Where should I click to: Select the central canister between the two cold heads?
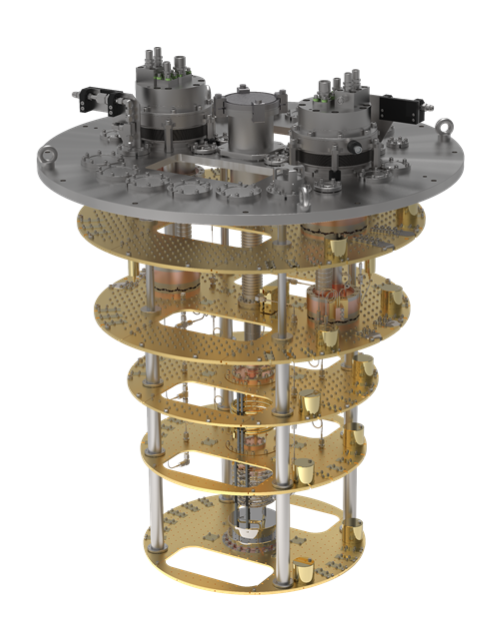[249, 120]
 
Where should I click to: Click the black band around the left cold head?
[172, 133]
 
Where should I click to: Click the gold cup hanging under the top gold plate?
[339, 244]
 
